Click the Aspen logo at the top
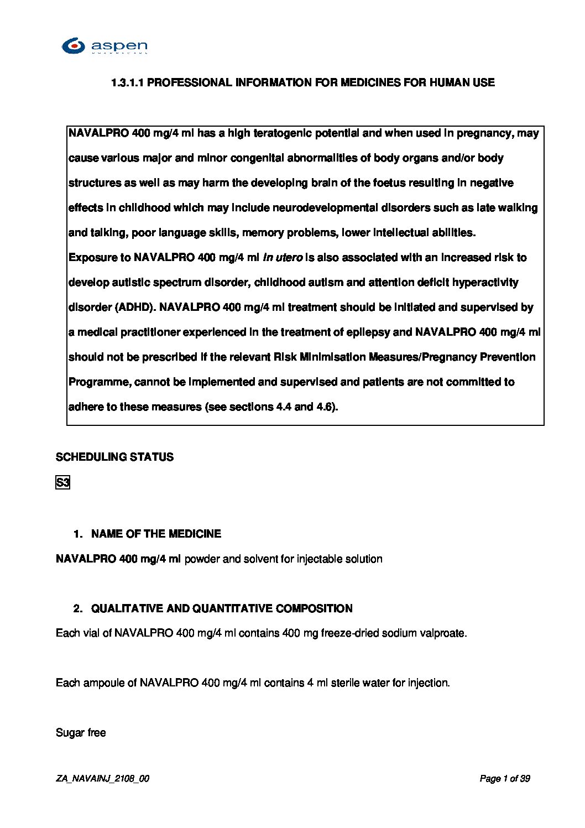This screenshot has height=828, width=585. tap(104, 46)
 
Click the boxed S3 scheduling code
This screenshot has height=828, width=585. tap(62, 483)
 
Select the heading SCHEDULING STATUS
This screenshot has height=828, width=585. tap(114, 457)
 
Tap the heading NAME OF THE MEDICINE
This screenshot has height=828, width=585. tap(156, 534)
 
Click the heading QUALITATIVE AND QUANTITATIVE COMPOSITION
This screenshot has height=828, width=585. tap(222, 609)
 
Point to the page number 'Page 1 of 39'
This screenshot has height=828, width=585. tap(505, 779)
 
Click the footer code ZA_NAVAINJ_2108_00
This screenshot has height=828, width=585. tap(102, 779)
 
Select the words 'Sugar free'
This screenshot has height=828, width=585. tap(81, 733)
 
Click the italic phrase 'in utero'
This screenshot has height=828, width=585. tap(282, 258)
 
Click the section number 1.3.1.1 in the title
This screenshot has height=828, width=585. tap(128, 83)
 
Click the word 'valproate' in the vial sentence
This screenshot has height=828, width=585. tap(445, 633)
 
